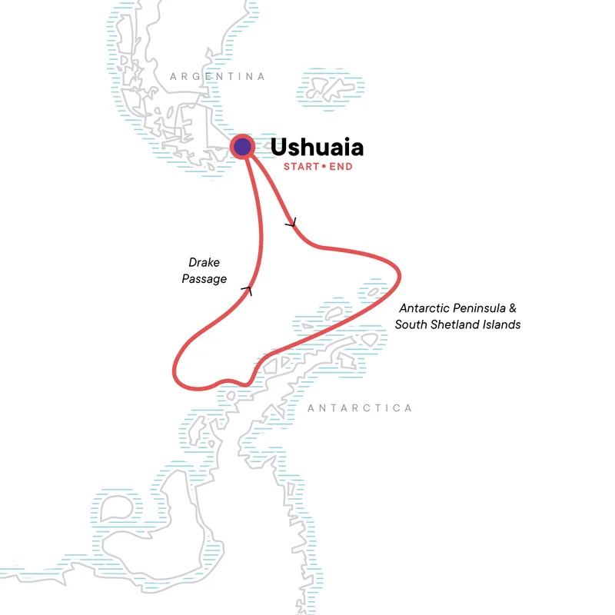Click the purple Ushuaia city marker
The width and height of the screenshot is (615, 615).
point(243,147)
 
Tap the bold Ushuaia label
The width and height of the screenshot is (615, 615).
point(317,147)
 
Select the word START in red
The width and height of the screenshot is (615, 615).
point(301,167)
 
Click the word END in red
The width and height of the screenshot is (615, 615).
point(341,167)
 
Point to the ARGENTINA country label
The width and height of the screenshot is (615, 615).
point(218,77)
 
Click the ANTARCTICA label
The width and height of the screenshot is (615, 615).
point(360,408)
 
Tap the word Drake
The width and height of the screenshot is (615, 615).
point(204,263)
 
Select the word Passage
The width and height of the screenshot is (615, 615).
point(204,279)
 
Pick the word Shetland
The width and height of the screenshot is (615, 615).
point(458,324)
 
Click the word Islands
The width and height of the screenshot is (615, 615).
point(501,324)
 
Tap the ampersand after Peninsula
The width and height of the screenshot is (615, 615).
point(510,308)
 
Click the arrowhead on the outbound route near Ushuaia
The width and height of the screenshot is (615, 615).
point(291,223)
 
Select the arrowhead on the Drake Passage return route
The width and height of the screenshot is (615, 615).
point(247,290)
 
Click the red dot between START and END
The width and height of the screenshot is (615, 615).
point(324,167)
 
